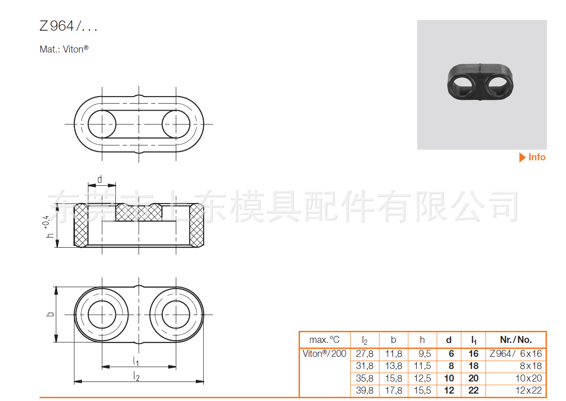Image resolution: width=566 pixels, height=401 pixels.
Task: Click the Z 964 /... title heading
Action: tap(68, 27)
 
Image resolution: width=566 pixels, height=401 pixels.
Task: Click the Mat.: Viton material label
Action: tap(64, 49)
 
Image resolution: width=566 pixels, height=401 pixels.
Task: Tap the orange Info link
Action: tap(533, 158)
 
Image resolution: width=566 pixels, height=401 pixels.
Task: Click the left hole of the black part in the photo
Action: tap(463, 85)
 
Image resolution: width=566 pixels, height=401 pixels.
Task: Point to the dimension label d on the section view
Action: tap(100, 179)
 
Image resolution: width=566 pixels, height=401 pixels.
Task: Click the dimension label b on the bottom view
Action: tap(50, 314)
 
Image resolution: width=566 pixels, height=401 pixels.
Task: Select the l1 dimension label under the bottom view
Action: tap(136, 360)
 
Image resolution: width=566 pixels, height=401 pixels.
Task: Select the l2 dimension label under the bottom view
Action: tap(136, 376)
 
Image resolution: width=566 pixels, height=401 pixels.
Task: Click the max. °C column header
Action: tap(324, 340)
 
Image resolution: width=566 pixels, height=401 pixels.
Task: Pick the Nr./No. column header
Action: tap(516, 340)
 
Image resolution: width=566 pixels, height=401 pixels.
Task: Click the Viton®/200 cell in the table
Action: tap(324, 354)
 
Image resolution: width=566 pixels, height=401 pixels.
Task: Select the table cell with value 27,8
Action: tap(365, 354)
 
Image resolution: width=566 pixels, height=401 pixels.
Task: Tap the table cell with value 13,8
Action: tap(393, 366)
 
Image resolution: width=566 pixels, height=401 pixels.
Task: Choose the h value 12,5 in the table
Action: tap(422, 379)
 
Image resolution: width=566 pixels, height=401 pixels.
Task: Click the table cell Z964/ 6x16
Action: tap(516, 354)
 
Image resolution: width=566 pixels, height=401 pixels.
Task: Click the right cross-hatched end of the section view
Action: tap(197, 225)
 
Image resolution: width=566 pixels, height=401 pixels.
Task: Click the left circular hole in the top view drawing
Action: tap(102, 124)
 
